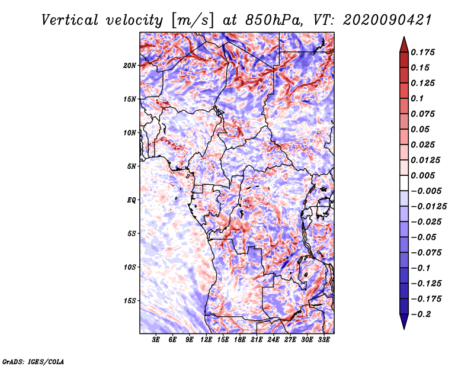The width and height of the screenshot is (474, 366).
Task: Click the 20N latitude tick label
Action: pyautogui.click(x=129, y=66)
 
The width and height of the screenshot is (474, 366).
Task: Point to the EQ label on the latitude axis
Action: pyautogui.click(x=132, y=200)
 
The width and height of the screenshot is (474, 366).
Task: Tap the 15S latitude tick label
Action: pyautogui.click(x=130, y=301)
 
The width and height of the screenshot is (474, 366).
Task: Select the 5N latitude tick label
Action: pyautogui.click(x=132, y=166)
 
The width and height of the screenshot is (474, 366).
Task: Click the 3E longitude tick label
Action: pyautogui.click(x=156, y=340)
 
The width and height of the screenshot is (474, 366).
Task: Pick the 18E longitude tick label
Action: pyautogui.click(x=240, y=340)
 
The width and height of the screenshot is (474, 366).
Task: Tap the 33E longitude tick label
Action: pyautogui.click(x=324, y=340)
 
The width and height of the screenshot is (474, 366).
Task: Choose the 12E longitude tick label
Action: pyautogui.click(x=206, y=340)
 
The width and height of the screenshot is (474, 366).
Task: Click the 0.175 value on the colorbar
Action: pyautogui.click(x=422, y=53)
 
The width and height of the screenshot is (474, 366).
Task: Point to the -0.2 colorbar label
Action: pyautogui.click(x=421, y=314)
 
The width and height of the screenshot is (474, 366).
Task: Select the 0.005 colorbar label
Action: pyautogui.click(x=422, y=176)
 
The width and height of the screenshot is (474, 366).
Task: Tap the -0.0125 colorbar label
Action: pyautogui.click(x=428, y=207)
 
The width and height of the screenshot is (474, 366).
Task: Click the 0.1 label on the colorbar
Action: pyautogui.click(x=417, y=99)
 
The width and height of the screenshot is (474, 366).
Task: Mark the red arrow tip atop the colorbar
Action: pyautogui.click(x=404, y=37)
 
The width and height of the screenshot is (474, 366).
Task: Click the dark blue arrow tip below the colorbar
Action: pyautogui.click(x=404, y=329)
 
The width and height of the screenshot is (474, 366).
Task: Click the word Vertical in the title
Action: pyautogui.click(x=70, y=20)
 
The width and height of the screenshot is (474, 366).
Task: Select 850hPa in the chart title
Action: pyautogui.click(x=274, y=20)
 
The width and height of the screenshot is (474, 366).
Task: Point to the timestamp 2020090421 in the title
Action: pyautogui.click(x=387, y=20)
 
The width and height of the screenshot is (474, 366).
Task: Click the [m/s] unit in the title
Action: pyautogui.click(x=193, y=21)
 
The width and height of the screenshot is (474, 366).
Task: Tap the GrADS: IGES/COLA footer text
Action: pyautogui.click(x=33, y=362)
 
